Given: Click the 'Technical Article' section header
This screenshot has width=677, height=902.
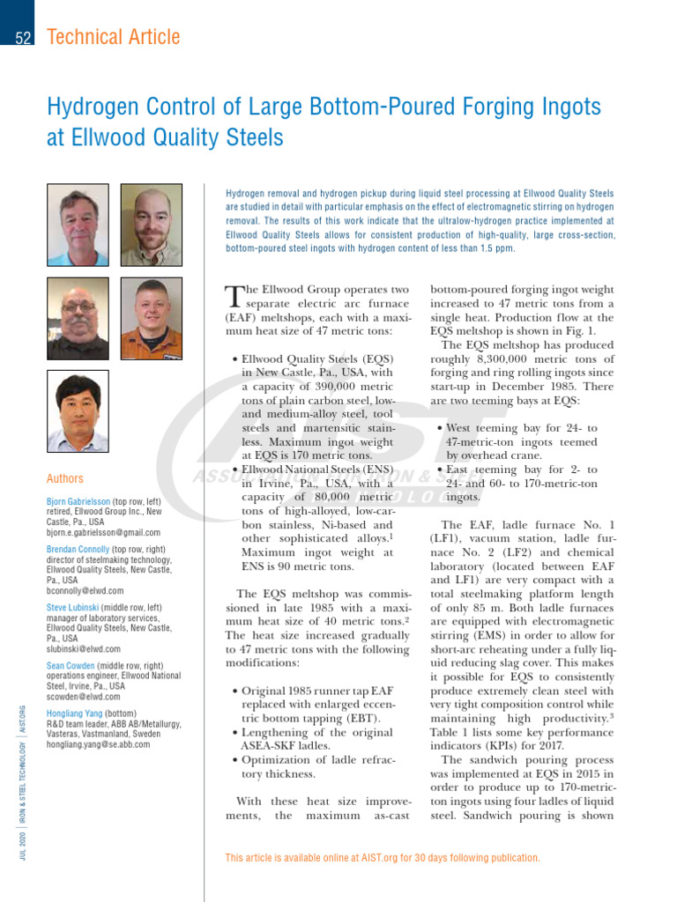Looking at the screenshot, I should pos(113,37).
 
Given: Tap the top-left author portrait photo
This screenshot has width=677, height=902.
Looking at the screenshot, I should pos(78,225).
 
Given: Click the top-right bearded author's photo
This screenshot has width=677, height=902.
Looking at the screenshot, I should pos(152,225).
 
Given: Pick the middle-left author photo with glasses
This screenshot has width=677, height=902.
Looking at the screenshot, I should pos(78,318).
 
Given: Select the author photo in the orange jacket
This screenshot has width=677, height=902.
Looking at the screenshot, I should pos(152,318).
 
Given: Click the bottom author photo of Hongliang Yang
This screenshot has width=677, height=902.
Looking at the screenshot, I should pos(78,410).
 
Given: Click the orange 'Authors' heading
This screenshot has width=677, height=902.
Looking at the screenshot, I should pos(65,478).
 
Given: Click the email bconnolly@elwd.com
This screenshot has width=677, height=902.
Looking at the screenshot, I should pos(85,591).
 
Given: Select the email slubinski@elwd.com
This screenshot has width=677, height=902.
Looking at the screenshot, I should pos(84,648).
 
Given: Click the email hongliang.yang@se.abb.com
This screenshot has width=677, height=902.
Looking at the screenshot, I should pos(98,743).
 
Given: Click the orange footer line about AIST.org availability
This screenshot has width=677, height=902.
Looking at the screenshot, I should pos(383,857).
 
